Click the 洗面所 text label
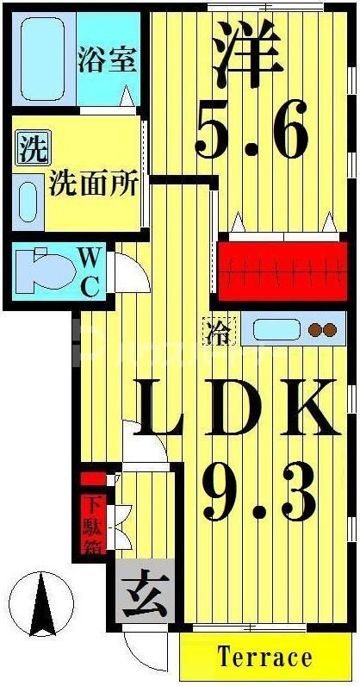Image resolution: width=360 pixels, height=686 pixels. (x=92, y=184)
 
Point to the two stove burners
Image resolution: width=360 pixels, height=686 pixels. (x=321, y=330)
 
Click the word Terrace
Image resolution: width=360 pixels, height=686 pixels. (x=264, y=658)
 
